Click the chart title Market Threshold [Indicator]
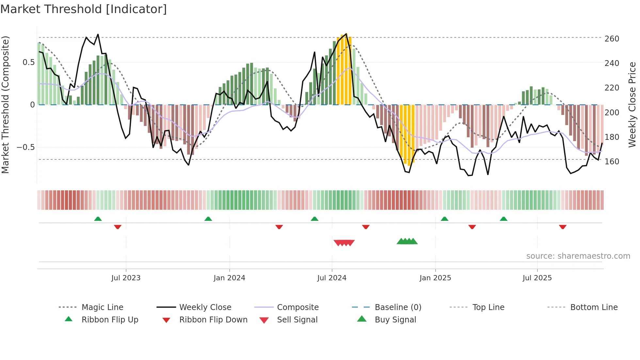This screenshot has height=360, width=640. tap(84, 9)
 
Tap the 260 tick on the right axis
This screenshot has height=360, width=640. tap(612, 39)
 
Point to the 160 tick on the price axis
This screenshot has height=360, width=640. tap(612, 162)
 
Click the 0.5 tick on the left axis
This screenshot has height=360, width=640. tap(28, 62)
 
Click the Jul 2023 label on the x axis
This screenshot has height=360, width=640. tap(126, 278)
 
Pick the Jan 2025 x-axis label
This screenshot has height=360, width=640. tap(435, 278)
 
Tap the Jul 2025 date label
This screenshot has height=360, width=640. tap(537, 278)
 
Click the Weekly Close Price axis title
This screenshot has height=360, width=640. tap(632, 105)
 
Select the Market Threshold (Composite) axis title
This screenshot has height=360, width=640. tap(5, 105)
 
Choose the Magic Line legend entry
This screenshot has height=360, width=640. tap(102, 307)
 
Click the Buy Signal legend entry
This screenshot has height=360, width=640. tap(395, 320)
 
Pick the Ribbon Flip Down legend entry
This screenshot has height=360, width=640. tap(213, 320)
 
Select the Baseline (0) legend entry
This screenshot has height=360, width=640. tap(398, 307)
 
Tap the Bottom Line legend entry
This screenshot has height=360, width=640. tap(594, 307)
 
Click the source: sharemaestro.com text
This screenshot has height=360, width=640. tap(578, 256)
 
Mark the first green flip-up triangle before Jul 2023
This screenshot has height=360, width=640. tap(98, 219)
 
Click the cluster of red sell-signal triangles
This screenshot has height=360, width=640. tap(344, 243)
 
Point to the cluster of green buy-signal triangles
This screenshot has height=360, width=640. tap(407, 241)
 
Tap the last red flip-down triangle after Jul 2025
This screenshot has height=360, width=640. tap(562, 227)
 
